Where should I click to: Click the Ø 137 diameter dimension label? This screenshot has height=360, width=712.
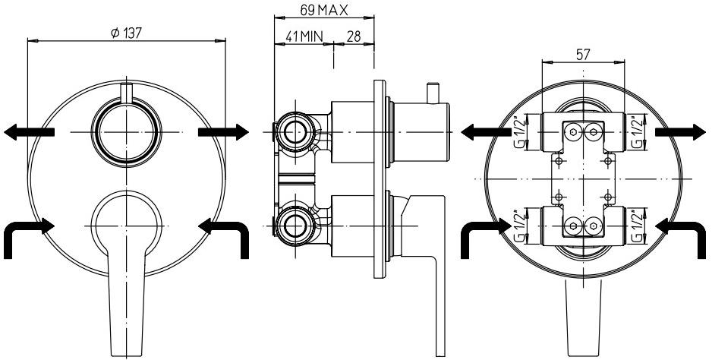click(x=127, y=33)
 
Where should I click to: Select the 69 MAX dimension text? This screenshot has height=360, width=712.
click(x=323, y=10)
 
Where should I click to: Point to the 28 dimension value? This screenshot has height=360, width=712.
click(x=353, y=37)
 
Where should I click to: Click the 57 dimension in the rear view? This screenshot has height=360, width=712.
click(x=583, y=54)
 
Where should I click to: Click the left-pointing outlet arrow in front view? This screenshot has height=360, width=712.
click(x=29, y=132)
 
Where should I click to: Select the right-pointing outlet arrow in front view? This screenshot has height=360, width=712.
click(x=223, y=132)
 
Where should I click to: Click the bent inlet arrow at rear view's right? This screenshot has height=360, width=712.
click(x=680, y=232)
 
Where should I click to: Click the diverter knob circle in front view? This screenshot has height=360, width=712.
click(x=126, y=132)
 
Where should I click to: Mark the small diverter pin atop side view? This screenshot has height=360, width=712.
click(x=433, y=93)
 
